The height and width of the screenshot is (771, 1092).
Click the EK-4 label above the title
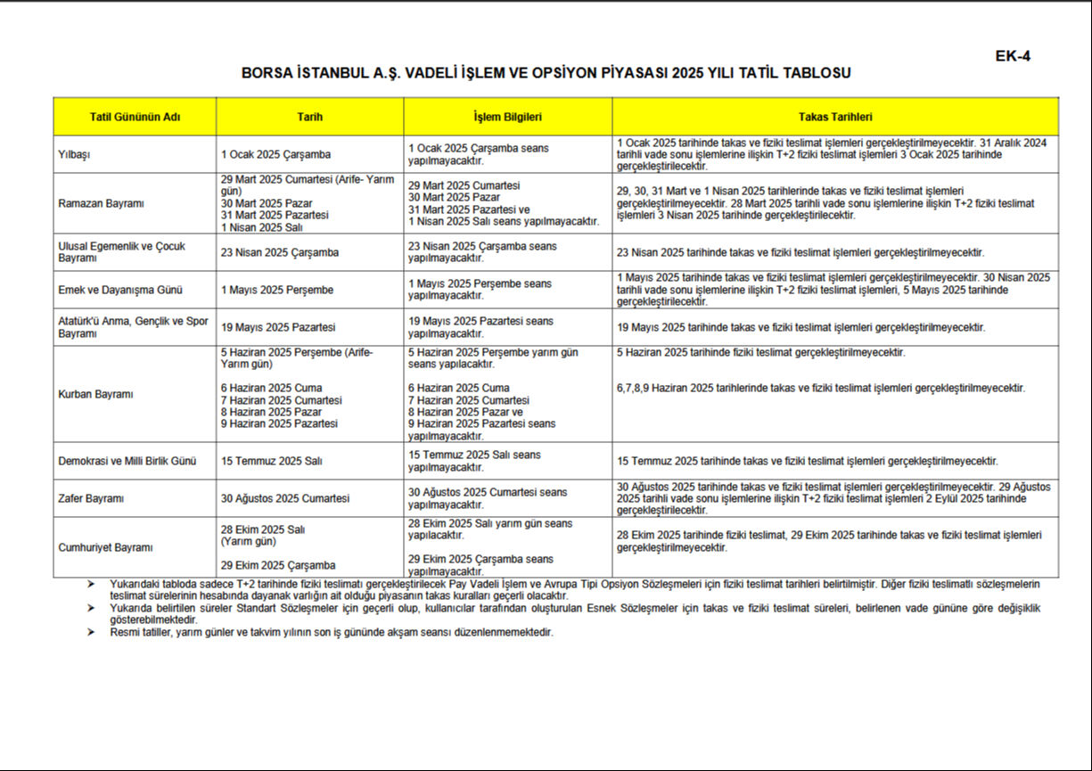click(1013, 56)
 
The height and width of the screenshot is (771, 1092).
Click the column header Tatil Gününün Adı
click(135, 117)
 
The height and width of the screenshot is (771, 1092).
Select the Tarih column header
click(309, 117)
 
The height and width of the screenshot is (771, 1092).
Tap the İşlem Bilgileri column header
click(507, 117)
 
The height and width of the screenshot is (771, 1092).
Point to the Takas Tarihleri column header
click(835, 117)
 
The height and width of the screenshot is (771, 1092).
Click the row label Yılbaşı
click(75, 154)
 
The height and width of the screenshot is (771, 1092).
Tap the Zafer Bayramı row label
click(90, 498)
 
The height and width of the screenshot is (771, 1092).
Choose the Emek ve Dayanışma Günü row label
click(108, 290)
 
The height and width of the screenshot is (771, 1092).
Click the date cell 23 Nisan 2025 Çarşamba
click(280, 252)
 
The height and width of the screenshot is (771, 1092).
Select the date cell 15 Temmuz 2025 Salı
click(272, 461)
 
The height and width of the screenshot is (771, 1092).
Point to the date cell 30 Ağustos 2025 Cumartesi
click(285, 498)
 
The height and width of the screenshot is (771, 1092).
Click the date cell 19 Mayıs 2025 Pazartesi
click(278, 327)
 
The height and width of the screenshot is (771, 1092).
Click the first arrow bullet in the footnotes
click(90, 583)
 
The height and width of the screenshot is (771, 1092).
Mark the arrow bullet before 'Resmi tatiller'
click(90, 632)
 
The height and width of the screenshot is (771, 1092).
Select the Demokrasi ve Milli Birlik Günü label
click(127, 461)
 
